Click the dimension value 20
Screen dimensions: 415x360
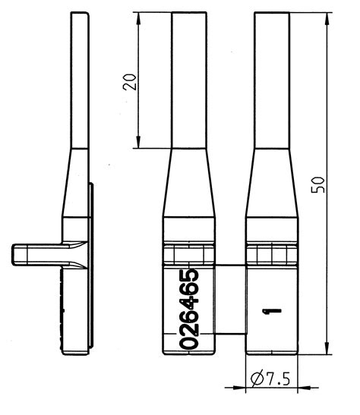tap(131, 82)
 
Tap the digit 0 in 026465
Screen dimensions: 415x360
tap(189, 339)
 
